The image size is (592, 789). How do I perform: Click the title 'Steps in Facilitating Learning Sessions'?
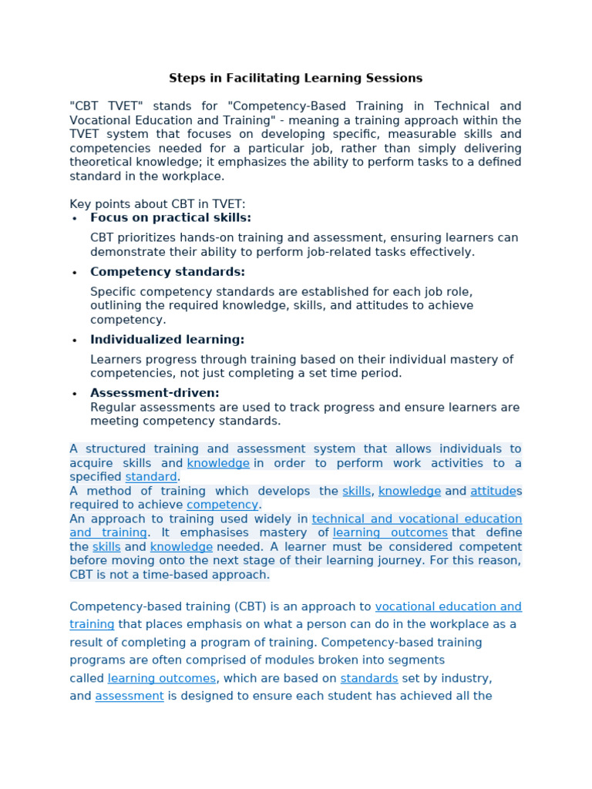coord(295,78)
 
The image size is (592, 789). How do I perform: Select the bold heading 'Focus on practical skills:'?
coord(170,218)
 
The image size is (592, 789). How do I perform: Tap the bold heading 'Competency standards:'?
coord(167,272)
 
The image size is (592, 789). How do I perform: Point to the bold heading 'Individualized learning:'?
coord(167,340)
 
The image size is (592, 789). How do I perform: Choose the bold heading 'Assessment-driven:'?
coord(155,393)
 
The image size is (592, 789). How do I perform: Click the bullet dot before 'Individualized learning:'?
coord(75,341)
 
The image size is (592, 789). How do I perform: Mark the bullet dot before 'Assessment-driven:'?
coord(75,394)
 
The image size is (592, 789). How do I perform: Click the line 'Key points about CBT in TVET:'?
coord(157,204)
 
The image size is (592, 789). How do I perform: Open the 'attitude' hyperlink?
coord(493,491)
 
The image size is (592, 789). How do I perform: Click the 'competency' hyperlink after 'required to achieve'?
coord(223,505)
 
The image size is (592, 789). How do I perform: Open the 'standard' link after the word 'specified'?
coord(151,477)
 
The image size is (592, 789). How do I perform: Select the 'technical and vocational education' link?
coord(416,519)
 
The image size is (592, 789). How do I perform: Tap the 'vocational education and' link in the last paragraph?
coord(448,606)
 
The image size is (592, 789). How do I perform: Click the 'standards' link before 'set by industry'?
coord(368,678)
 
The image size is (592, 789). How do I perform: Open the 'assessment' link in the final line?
coord(129,696)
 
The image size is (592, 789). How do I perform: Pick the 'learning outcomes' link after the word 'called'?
coord(162,678)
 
